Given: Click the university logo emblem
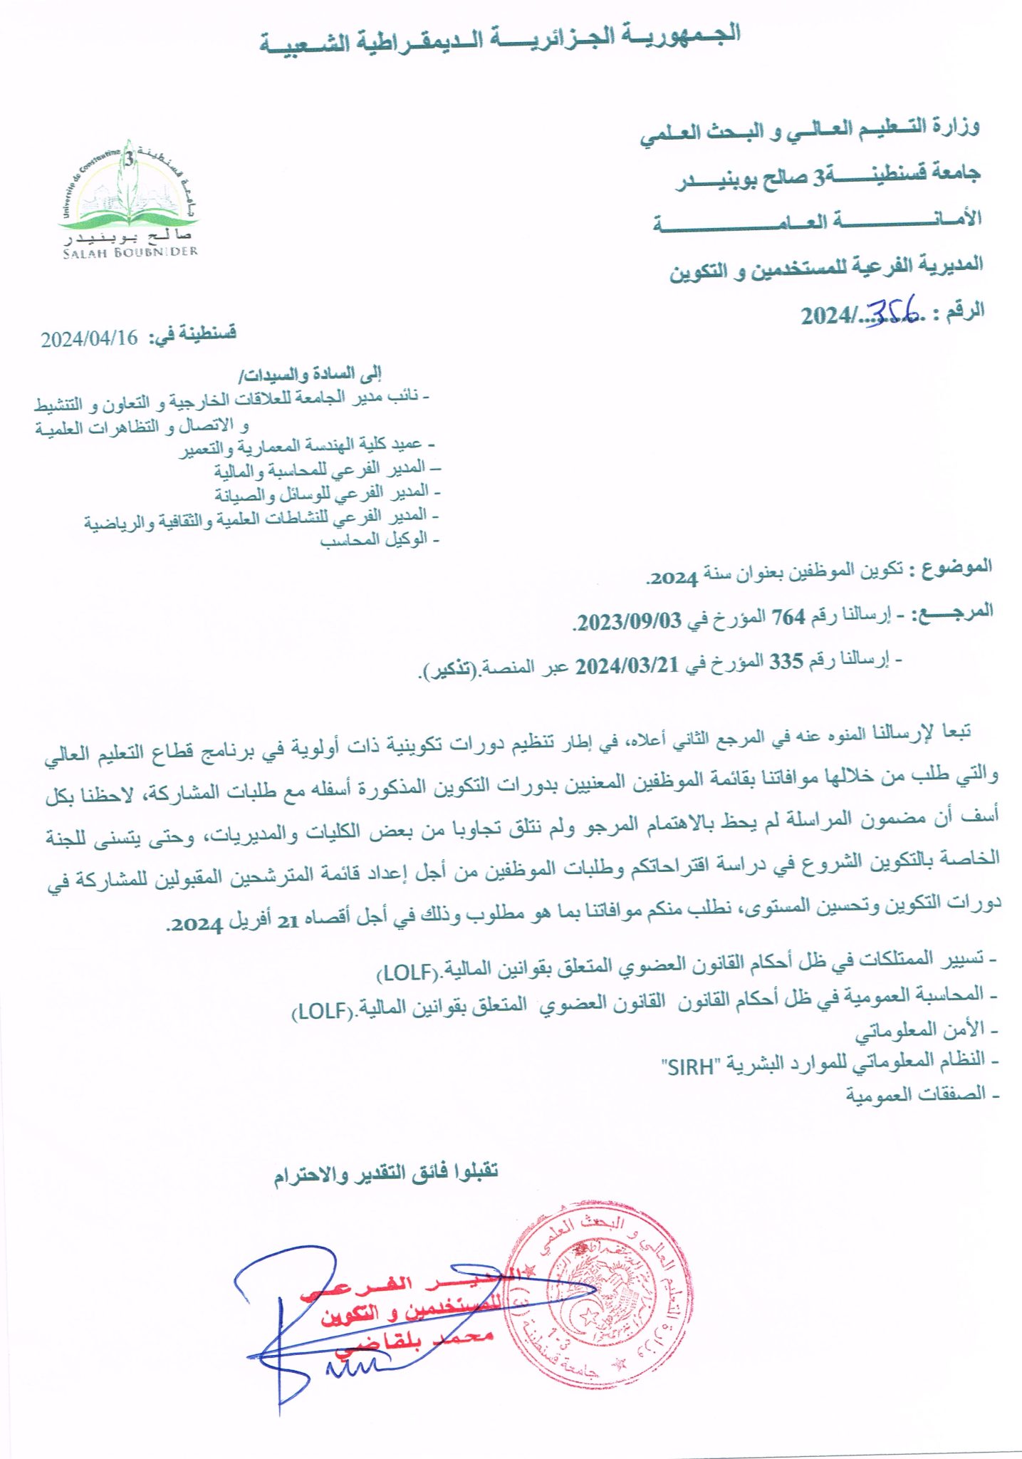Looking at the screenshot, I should [x=129, y=189].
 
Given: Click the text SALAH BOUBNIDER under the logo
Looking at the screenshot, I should [x=130, y=252].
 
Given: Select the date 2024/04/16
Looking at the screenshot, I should [x=89, y=338].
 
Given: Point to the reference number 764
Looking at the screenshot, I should [x=788, y=617].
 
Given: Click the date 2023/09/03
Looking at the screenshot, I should [x=629, y=622].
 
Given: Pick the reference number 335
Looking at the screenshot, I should [x=786, y=662].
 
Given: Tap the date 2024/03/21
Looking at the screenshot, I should [x=626, y=666].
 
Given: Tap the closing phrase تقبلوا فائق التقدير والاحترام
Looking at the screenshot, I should [x=386, y=1172].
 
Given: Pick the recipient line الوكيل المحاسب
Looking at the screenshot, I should [x=379, y=540].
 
